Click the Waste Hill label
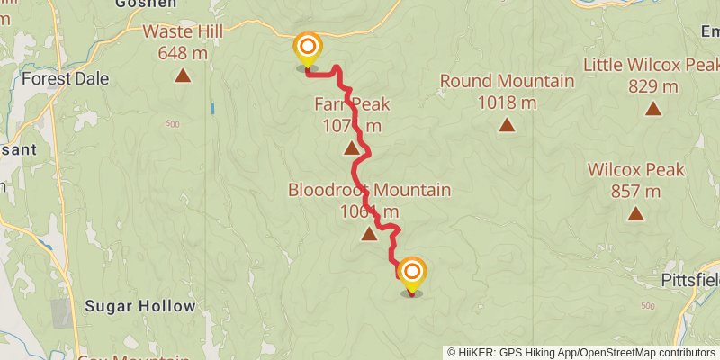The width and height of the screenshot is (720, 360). [183, 32]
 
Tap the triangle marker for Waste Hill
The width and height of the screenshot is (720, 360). [183, 76]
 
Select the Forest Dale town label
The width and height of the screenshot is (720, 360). [65, 79]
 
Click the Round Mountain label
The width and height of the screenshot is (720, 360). [507, 82]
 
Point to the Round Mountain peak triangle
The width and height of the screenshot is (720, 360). [508, 125]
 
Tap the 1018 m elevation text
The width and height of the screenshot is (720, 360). [507, 103]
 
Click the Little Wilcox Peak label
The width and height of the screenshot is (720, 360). [651, 66]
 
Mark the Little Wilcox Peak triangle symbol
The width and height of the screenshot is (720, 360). [652, 109]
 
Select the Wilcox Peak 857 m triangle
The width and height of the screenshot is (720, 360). [636, 213]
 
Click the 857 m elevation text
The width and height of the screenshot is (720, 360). [635, 191]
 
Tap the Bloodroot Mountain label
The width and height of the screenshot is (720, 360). [369, 191]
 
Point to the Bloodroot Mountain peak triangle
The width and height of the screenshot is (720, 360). [369, 235]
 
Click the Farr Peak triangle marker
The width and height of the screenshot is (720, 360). [351, 147]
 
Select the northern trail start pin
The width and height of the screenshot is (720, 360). [308, 47]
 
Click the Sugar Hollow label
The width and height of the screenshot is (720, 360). [139, 306]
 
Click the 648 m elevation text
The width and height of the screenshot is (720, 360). [183, 53]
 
